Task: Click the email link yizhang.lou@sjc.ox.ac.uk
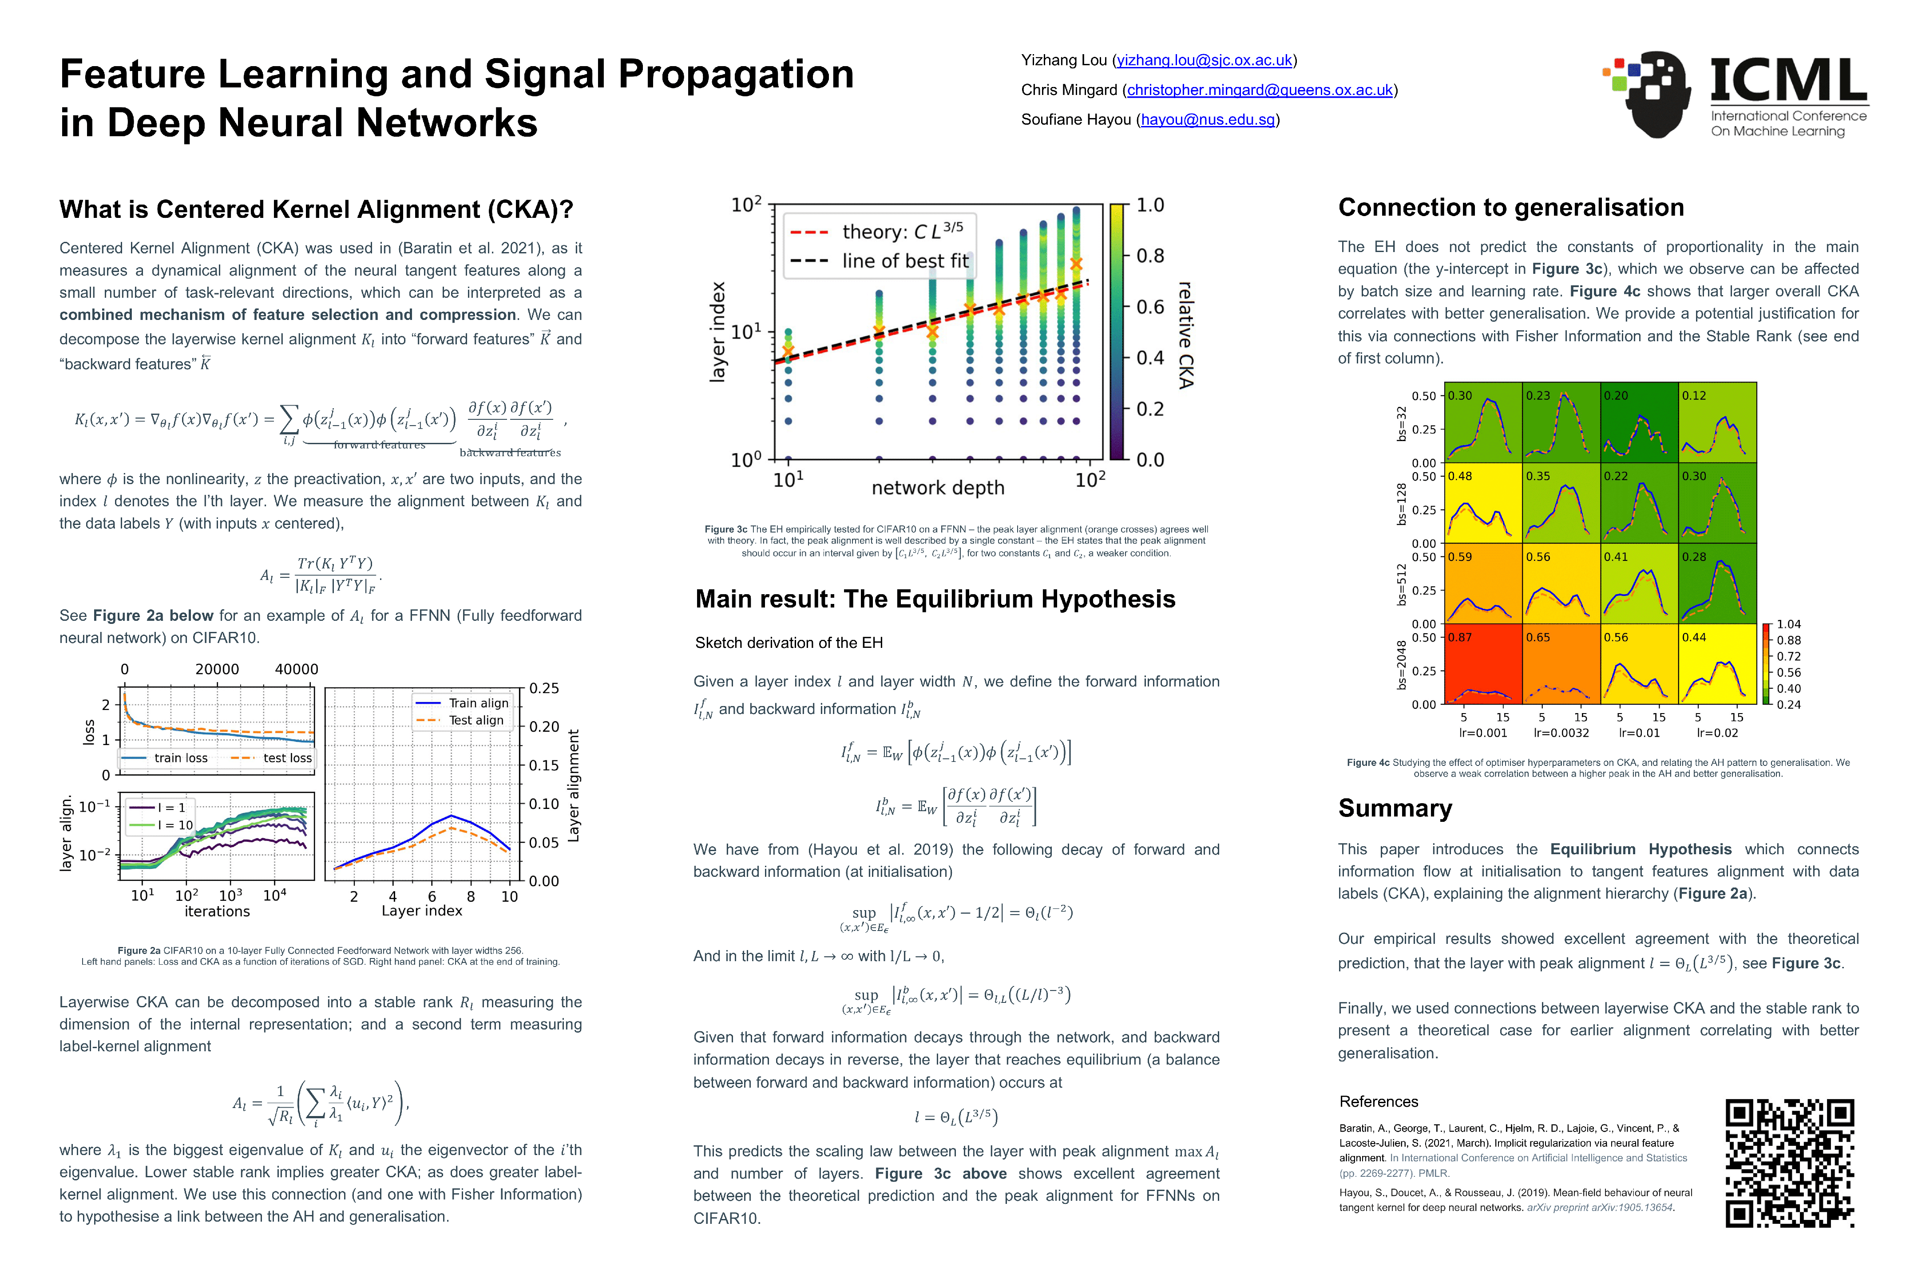1204,60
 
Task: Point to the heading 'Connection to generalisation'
1510,208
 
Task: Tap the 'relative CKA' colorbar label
1185,334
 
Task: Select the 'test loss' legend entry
287,758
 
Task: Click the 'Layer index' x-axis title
422,911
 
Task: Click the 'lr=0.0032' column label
1561,733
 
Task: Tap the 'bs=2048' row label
1401,664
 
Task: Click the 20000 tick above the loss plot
217,669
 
